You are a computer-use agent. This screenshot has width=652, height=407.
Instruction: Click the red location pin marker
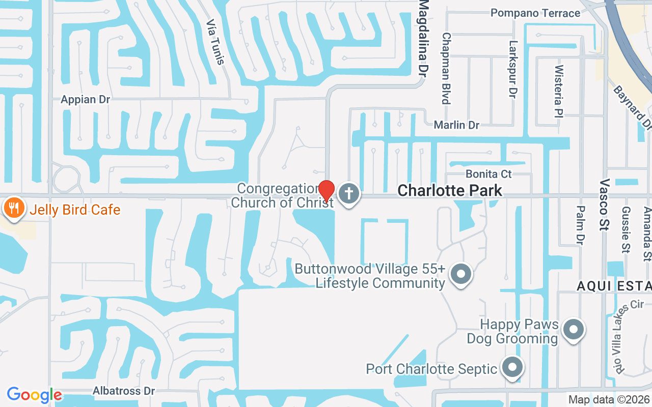pyautogui.click(x=326, y=191)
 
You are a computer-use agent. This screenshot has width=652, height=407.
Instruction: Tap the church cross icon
pyautogui.click(x=349, y=194)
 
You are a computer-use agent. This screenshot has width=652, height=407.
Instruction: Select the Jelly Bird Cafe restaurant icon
pyautogui.click(x=14, y=208)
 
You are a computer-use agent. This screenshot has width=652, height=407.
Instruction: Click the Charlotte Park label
pyautogui.click(x=450, y=190)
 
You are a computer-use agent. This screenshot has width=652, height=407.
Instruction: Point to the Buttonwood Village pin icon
pyautogui.click(x=461, y=274)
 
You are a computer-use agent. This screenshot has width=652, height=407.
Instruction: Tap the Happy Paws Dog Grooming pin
pyautogui.click(x=574, y=330)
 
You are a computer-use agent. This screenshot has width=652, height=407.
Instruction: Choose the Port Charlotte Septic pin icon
pyautogui.click(x=512, y=367)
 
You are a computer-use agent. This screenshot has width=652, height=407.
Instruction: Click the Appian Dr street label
pyautogui.click(x=86, y=99)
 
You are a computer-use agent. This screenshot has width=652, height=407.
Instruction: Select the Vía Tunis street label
pyautogui.click(x=215, y=42)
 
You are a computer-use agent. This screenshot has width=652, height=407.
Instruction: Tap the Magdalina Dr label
pyautogui.click(x=424, y=38)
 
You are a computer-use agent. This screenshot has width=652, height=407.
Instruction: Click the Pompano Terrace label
pyautogui.click(x=535, y=13)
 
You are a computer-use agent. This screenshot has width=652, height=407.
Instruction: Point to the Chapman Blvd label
pyautogui.click(x=446, y=68)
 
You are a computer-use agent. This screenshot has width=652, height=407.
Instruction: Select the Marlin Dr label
pyautogui.click(x=456, y=125)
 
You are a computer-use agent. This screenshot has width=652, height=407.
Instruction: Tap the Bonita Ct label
pyautogui.click(x=488, y=174)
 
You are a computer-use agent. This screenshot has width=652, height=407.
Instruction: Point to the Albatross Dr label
pyautogui.click(x=124, y=391)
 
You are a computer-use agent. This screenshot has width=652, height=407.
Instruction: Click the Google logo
pyautogui.click(x=34, y=395)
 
